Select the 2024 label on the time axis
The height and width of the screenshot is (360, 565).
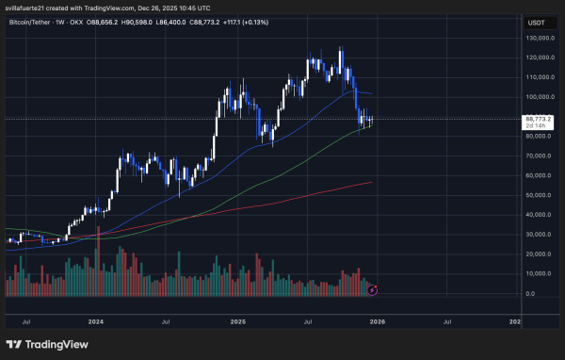click(95, 320)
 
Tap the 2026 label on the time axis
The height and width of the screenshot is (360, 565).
click(377, 320)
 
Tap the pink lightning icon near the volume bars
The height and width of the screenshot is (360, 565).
click(373, 288)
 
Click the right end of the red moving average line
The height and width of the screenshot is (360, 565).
click(372, 183)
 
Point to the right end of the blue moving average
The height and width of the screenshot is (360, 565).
click(372, 93)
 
